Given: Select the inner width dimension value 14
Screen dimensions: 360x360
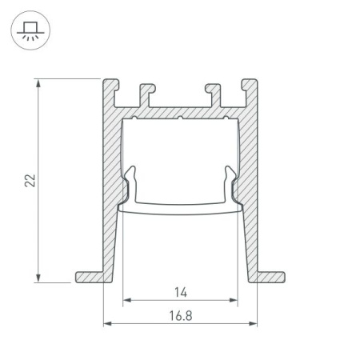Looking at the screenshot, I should click(x=180, y=293).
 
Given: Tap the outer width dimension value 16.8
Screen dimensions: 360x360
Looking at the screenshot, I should click(x=180, y=315).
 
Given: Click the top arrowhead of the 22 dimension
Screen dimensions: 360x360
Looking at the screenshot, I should click(x=38, y=83).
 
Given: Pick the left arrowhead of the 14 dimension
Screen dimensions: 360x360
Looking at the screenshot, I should click(x=126, y=302).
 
